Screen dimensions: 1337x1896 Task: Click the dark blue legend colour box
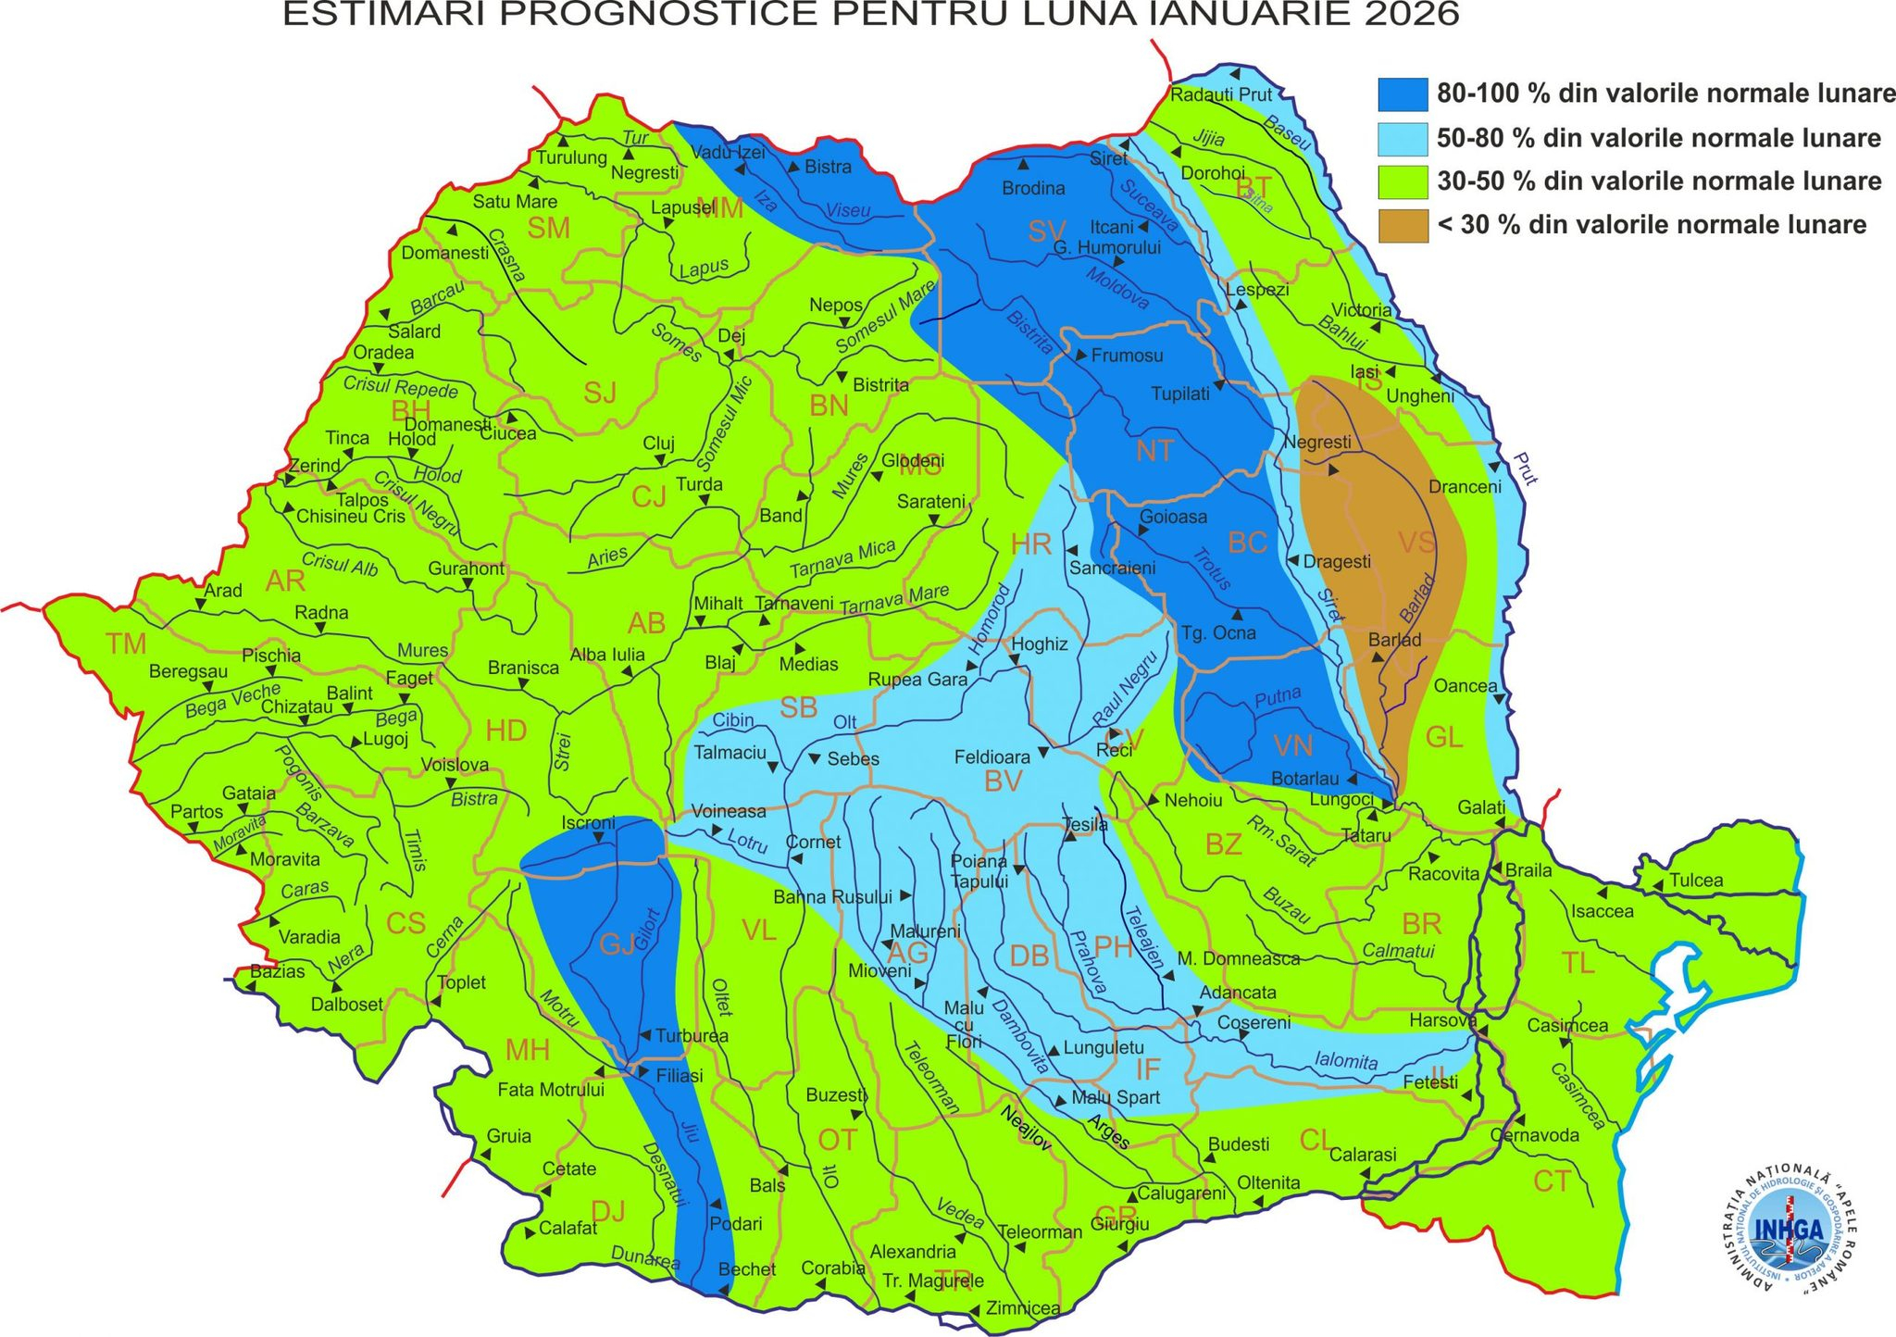click(x=1402, y=94)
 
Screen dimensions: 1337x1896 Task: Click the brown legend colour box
click(x=1402, y=225)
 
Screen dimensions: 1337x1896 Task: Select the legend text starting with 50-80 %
click(x=1657, y=139)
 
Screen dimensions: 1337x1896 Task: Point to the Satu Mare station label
click(x=515, y=202)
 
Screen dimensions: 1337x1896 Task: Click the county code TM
click(x=126, y=644)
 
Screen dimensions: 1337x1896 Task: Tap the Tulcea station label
click(x=1696, y=881)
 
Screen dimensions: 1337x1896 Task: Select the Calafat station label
click(x=568, y=1228)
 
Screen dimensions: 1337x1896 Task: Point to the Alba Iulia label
click(x=607, y=655)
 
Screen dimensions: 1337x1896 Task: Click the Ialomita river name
click(x=1345, y=1061)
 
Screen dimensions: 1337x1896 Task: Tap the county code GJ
click(x=617, y=943)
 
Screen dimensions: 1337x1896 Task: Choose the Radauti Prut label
click(x=1221, y=94)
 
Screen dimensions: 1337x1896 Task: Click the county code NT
click(x=1154, y=452)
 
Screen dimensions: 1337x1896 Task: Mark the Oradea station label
click(x=383, y=353)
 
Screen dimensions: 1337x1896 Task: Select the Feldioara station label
click(x=992, y=757)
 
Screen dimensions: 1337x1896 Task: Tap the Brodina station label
click(x=1033, y=189)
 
